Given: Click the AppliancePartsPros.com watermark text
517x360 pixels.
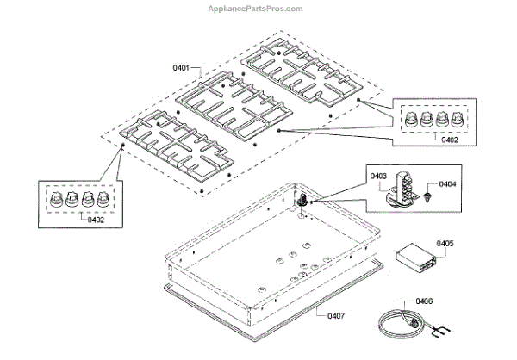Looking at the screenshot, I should pyautogui.click(x=258, y=8).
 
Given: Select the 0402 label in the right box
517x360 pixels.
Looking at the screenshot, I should pyautogui.click(x=449, y=139).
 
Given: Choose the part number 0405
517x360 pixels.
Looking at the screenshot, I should pyautogui.click(x=445, y=244).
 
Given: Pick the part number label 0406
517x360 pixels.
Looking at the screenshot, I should pyautogui.click(x=424, y=301).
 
